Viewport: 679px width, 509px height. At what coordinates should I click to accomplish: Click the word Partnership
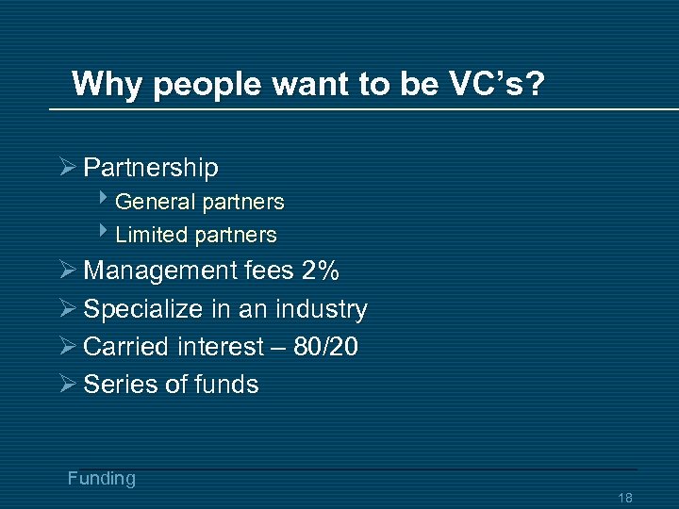(x=151, y=168)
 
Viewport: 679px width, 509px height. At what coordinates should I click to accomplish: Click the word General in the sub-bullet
(x=153, y=202)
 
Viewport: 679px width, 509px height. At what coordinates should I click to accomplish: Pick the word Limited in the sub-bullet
(x=152, y=235)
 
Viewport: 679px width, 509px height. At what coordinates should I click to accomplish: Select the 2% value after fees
(x=321, y=271)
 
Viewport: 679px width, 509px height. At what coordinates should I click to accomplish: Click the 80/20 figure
(x=326, y=347)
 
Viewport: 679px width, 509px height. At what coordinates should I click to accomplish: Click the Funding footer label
(x=102, y=479)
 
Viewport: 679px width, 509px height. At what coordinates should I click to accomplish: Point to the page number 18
(x=624, y=498)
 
